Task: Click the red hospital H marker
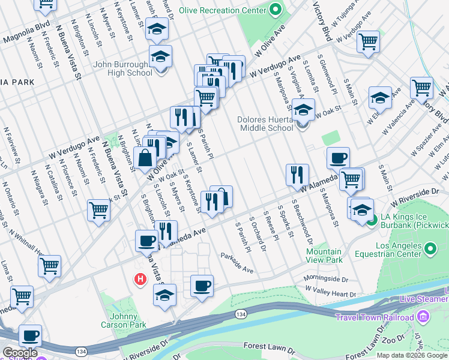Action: point(140,279)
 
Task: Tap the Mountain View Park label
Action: point(324,256)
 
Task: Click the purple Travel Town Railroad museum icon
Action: point(422,317)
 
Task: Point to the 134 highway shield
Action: point(241,314)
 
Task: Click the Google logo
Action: point(20,353)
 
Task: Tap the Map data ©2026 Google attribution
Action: point(412,355)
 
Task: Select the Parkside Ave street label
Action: point(237,262)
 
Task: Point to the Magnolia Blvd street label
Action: point(25,38)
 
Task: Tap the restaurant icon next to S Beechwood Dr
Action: point(297,175)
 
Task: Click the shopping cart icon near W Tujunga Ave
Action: point(368,41)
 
